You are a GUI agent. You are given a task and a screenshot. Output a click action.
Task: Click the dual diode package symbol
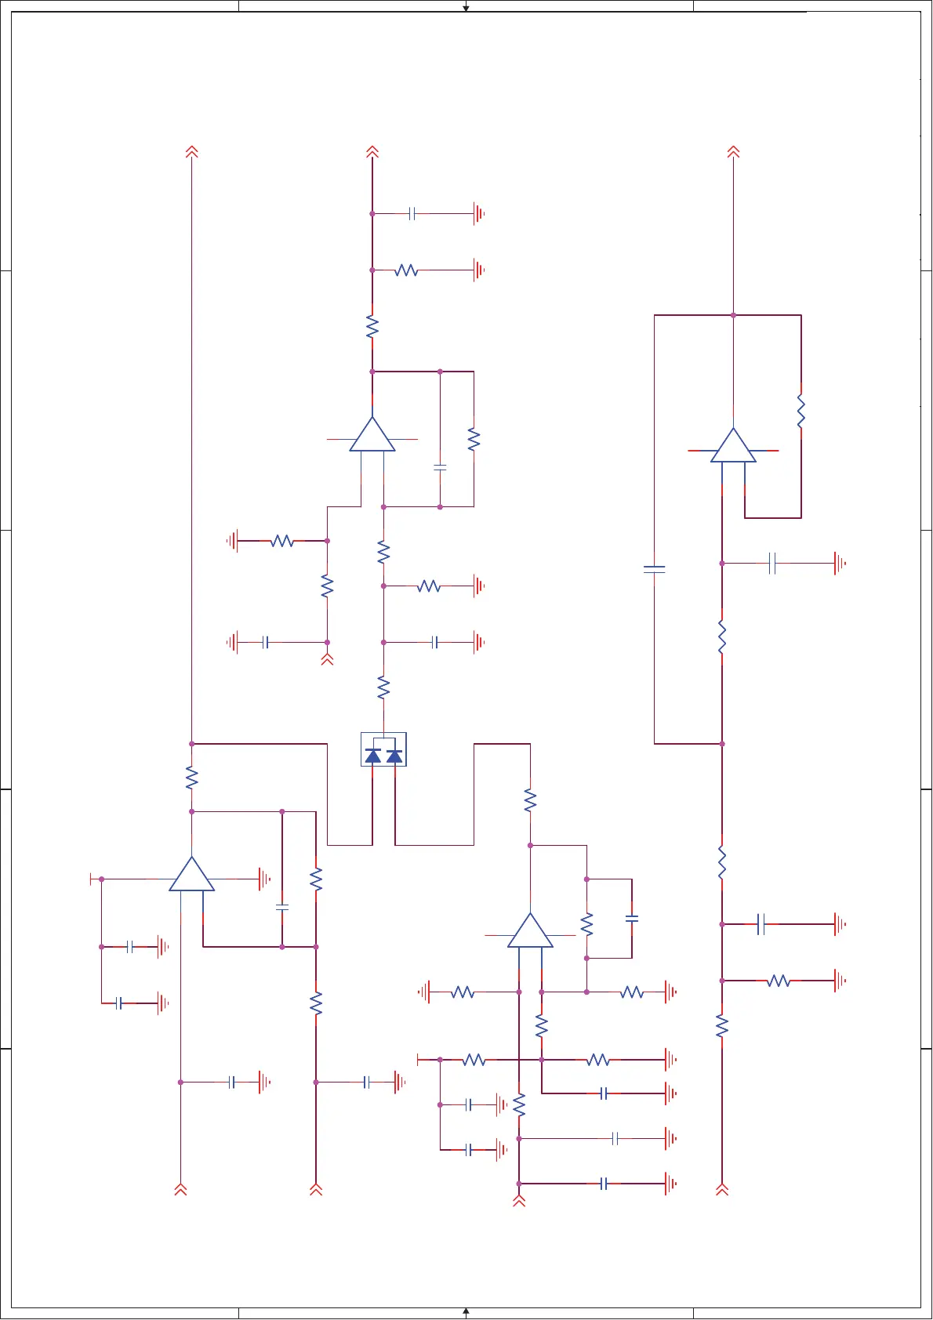tap(383, 749)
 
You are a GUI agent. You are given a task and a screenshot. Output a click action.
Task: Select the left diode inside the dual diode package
tap(373, 756)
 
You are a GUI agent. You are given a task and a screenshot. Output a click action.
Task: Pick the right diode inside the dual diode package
tap(394, 756)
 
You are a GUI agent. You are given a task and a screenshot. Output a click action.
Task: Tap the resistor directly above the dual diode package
tap(383, 688)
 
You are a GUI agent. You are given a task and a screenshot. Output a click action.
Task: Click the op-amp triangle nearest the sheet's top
tap(372, 436)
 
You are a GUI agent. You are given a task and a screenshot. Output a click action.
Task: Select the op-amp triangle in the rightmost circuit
tap(733, 447)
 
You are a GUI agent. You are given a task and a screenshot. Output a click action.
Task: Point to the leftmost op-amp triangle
tap(191, 875)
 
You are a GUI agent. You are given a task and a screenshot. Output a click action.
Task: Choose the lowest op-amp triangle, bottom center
tap(530, 932)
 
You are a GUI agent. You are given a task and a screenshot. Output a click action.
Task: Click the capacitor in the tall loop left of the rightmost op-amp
tap(655, 569)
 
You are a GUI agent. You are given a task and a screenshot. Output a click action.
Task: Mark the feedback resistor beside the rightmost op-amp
tap(800, 412)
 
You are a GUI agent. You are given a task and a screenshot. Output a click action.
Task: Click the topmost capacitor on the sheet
tap(412, 213)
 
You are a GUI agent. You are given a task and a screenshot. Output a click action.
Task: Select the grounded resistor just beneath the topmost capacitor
tap(406, 270)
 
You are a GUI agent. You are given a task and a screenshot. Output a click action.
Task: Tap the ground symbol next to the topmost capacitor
tap(478, 213)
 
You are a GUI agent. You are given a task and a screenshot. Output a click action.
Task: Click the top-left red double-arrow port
tap(191, 151)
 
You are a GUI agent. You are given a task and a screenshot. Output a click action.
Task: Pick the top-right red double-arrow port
tap(733, 151)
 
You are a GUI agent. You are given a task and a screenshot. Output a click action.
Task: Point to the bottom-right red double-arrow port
tap(722, 1189)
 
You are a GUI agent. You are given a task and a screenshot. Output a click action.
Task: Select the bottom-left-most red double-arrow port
tap(180, 1189)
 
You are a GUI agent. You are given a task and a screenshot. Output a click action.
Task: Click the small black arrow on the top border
tap(466, 8)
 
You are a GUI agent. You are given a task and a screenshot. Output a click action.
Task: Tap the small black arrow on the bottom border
tap(466, 1311)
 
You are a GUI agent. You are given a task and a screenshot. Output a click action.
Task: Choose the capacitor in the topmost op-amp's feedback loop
tap(440, 467)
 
